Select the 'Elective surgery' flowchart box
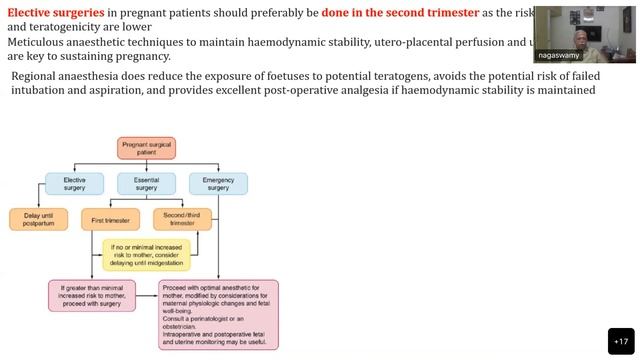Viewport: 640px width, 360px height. pos(74,183)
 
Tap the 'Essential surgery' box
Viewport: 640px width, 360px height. pos(146,183)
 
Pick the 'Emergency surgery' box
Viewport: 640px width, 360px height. pos(218,183)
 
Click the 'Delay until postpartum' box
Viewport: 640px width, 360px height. pos(38,219)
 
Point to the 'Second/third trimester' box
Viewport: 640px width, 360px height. pos(182,219)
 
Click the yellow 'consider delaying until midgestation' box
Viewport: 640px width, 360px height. pos(146,255)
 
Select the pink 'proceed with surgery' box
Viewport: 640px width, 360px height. pos(91,297)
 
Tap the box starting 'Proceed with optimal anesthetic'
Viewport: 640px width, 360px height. pos(218,314)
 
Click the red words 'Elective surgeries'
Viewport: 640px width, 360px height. pos(51,13)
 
